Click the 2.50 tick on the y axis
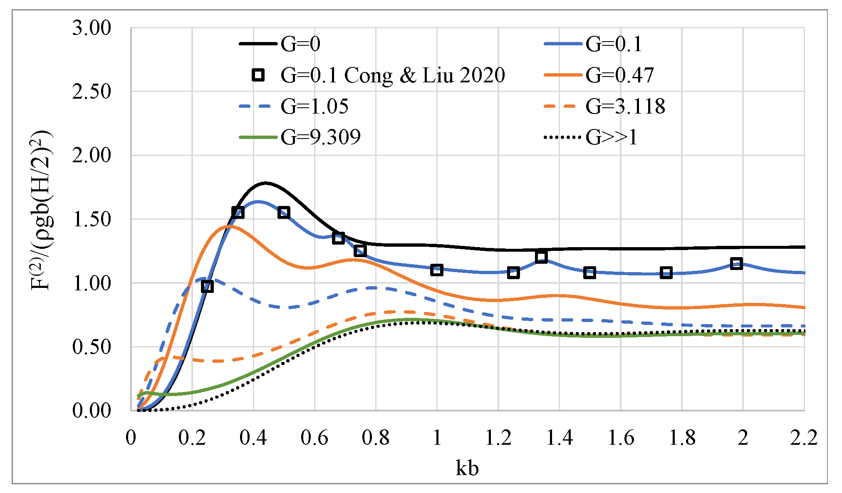click(92, 92)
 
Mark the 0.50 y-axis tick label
click(92, 347)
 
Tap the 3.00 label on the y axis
click(92, 28)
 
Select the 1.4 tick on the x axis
click(559, 438)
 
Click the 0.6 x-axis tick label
click(315, 438)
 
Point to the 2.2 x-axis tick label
click(803, 438)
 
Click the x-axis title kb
click(467, 468)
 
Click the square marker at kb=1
click(436, 270)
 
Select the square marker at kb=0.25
click(207, 286)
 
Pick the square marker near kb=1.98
click(736, 263)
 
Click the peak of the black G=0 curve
click(265, 183)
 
